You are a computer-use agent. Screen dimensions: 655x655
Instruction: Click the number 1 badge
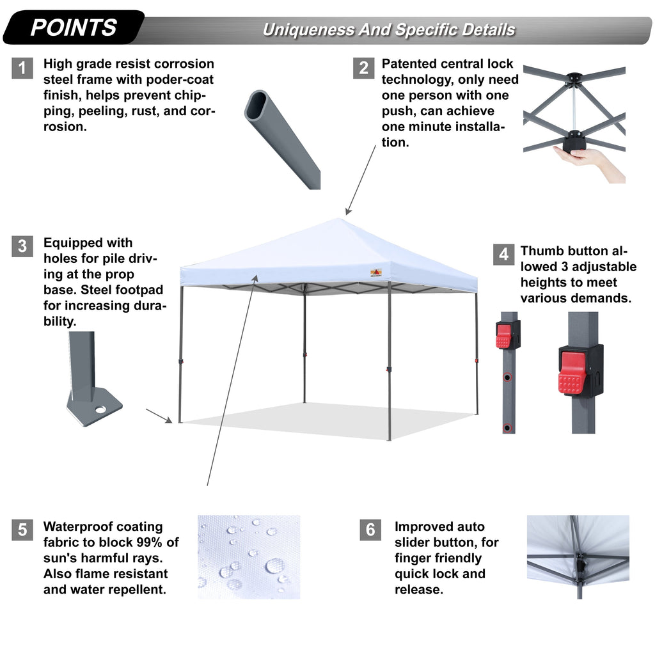pyautogui.click(x=22, y=68)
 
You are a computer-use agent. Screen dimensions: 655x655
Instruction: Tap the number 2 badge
pyautogui.click(x=363, y=68)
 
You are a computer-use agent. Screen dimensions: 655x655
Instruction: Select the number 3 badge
pyautogui.click(x=22, y=246)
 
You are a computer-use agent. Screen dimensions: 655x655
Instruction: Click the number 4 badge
pyautogui.click(x=504, y=254)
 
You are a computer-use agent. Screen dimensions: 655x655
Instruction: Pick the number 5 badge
pyautogui.click(x=22, y=530)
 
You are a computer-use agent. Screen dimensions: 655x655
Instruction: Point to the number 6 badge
pyautogui.click(x=370, y=530)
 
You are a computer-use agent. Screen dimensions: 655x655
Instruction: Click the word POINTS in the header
pyautogui.click(x=74, y=28)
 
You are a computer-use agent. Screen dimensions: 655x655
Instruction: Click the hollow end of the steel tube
pyautogui.click(x=258, y=106)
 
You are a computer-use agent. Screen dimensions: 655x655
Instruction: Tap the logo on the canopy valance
pyautogui.click(x=377, y=272)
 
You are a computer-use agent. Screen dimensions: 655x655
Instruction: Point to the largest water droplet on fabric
pyautogui.click(x=275, y=565)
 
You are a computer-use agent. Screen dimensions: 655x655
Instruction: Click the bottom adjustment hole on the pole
pyautogui.click(x=507, y=427)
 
